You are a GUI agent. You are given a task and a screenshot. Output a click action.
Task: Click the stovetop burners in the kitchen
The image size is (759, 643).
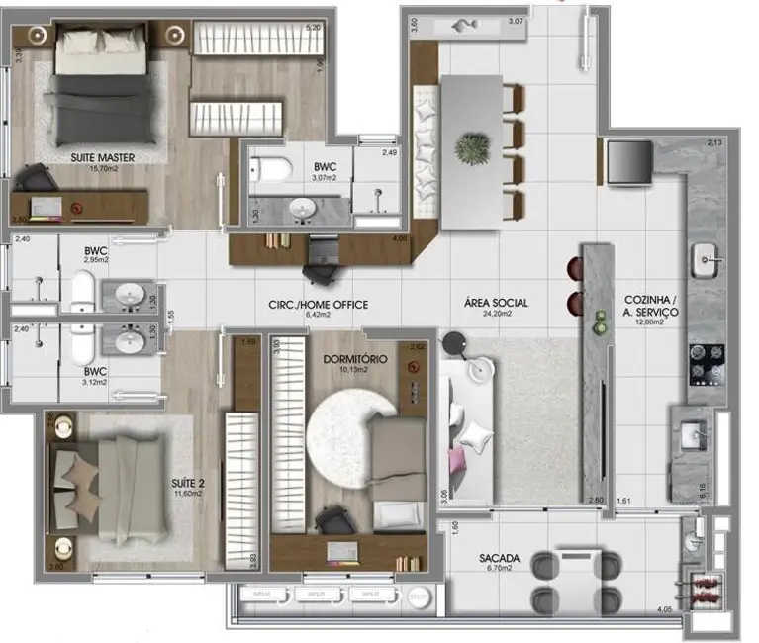tap(708, 363)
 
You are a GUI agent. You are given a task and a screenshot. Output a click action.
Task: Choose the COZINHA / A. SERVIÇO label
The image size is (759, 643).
tap(650, 305)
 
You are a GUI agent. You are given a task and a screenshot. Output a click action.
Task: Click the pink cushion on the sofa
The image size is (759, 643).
tap(456, 461)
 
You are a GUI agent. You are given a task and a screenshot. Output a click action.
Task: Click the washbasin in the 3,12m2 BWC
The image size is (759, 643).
tap(131, 341)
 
